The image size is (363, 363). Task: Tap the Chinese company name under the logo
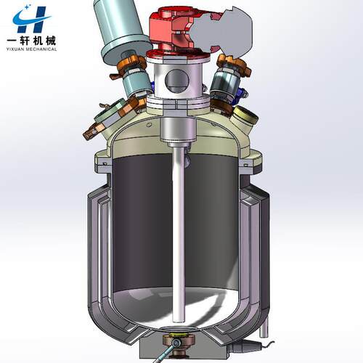click(x=32, y=41)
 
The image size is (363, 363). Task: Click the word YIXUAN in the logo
click(x=15, y=49)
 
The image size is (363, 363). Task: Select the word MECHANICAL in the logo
click(x=41, y=49)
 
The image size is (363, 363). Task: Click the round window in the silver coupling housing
click(x=177, y=81)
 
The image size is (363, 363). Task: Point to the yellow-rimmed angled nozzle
click(x=245, y=116)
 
